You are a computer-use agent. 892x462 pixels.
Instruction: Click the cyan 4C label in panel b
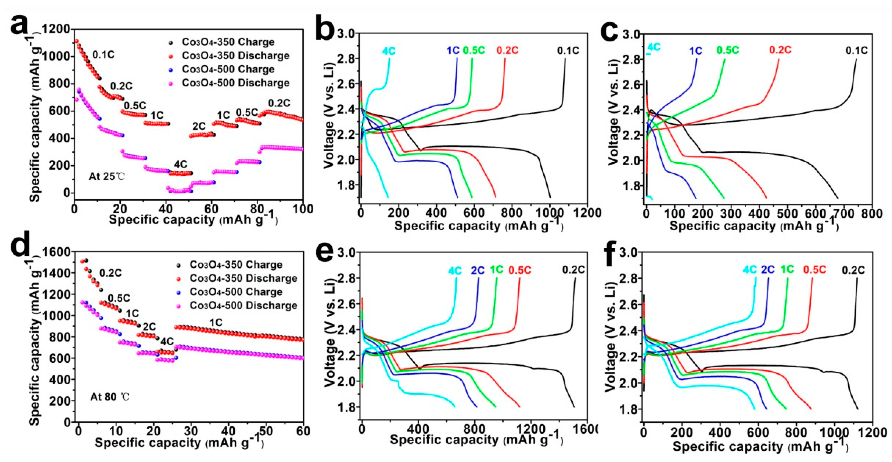click(388, 51)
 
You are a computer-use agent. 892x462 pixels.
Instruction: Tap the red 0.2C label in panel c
click(780, 50)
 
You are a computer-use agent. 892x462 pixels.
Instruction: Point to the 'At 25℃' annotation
click(106, 177)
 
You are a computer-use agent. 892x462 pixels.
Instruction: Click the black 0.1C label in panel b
click(568, 51)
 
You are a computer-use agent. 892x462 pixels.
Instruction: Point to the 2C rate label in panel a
click(199, 126)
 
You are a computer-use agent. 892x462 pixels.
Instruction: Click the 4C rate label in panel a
click(181, 165)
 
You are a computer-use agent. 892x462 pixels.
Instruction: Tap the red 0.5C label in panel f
click(814, 270)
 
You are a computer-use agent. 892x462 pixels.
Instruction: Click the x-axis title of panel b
click(478, 226)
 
